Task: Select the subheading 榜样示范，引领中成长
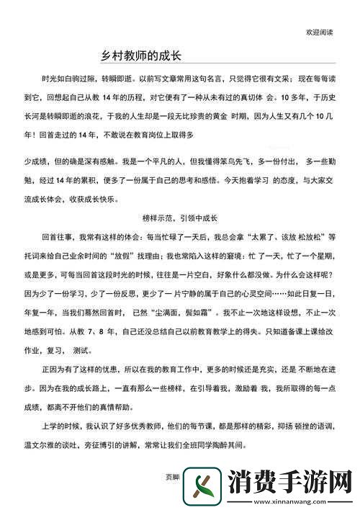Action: click(179, 215)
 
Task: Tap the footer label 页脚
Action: click(173, 477)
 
